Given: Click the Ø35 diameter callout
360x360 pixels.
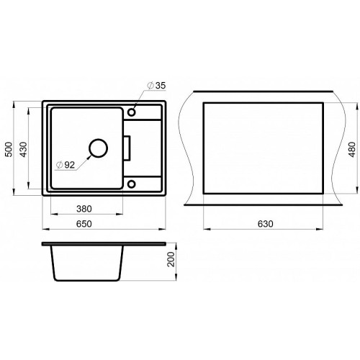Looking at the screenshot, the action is [157, 86].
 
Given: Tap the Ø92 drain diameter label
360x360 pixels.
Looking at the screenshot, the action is [66, 165].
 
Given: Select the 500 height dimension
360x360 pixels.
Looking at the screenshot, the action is [9, 149].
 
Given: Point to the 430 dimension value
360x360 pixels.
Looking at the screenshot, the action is [23, 149].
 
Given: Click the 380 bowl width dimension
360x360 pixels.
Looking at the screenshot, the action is [84, 209].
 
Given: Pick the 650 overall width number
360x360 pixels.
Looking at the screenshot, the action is [84, 224].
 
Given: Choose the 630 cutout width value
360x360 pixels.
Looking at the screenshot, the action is [266, 224].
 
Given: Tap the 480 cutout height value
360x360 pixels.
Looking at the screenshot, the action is [352, 150].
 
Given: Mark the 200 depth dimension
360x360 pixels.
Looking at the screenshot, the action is [171, 259].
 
